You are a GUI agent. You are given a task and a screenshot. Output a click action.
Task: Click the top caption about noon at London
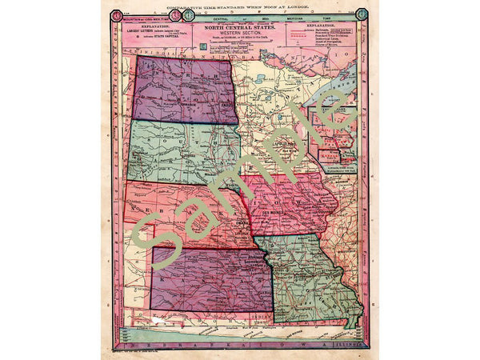240,5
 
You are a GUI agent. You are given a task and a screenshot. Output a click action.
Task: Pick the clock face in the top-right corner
362,13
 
